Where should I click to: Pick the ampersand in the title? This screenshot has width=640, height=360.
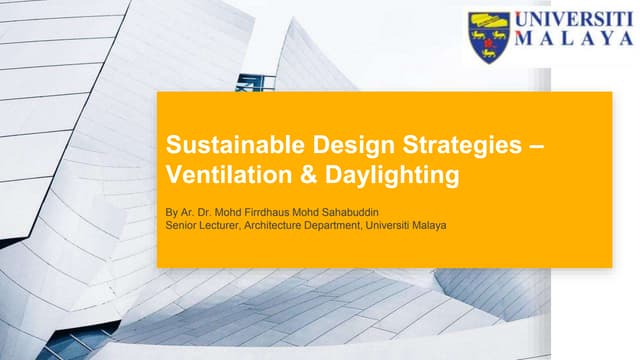tap(282, 175)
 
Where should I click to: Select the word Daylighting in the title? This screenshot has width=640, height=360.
tap(351, 175)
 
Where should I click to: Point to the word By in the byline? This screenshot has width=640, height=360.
tap(168, 212)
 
